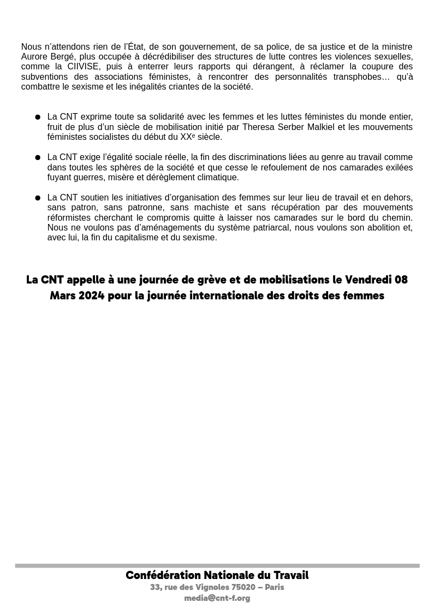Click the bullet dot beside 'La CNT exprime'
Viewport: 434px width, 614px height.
tap(38, 117)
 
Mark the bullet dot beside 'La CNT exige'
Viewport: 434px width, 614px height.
tap(38, 157)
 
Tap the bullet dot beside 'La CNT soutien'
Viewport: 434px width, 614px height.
tap(38, 198)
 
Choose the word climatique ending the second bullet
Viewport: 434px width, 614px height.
tap(218, 178)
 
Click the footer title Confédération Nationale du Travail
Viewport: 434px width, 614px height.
tap(217, 575)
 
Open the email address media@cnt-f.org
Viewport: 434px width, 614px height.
tap(217, 598)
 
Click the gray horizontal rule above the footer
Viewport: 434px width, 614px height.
tap(217, 566)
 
